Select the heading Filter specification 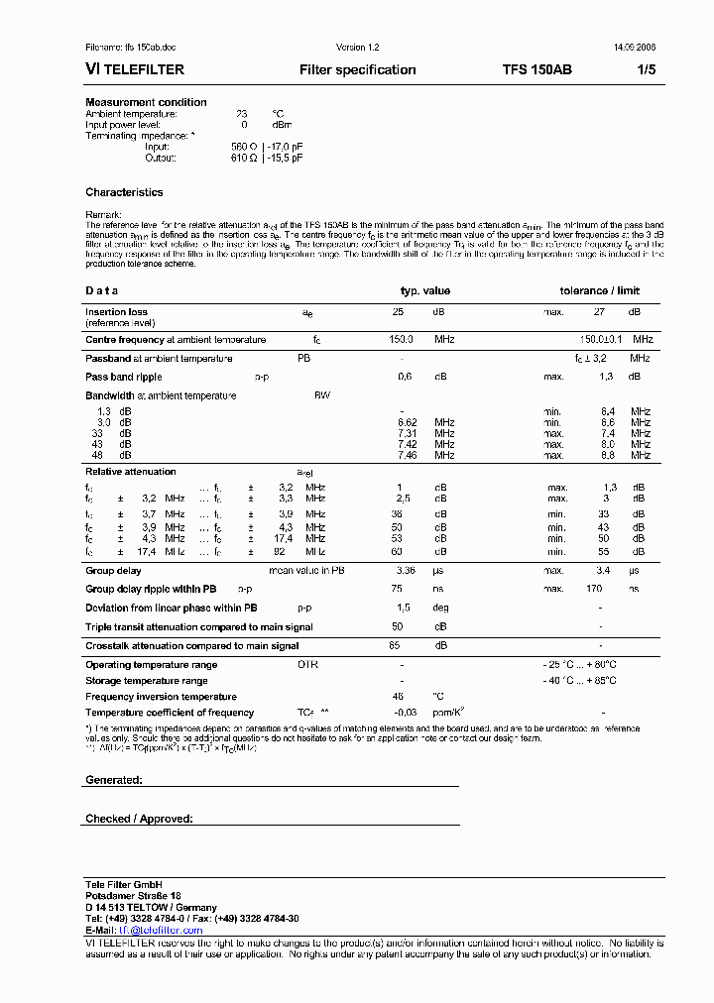click(357, 70)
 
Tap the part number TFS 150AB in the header click(536, 70)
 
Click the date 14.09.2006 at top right click(634, 48)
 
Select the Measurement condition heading click(146, 102)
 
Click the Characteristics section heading click(124, 192)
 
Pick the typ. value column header click(424, 290)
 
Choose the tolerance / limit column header click(600, 290)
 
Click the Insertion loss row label click(116, 312)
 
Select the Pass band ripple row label click(123, 377)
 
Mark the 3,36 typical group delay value click(405, 571)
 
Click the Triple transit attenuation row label click(198, 627)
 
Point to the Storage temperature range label click(146, 681)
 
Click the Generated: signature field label click(114, 780)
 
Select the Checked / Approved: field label click(139, 819)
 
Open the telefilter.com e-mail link click(160, 931)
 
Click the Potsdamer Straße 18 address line click(133, 896)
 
